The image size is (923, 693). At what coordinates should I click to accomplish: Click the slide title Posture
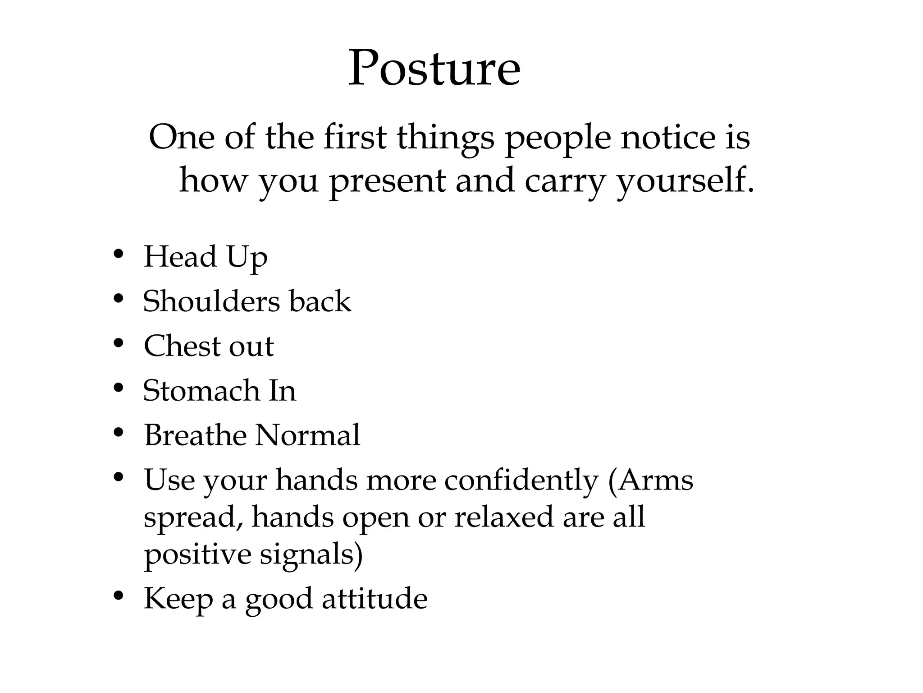click(x=434, y=69)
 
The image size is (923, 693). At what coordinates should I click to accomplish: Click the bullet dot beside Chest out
click(x=119, y=344)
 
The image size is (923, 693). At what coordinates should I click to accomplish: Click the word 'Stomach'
click(x=201, y=390)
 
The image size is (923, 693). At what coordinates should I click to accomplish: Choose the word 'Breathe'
click(x=195, y=435)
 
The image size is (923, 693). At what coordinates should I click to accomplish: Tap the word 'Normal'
click(x=308, y=435)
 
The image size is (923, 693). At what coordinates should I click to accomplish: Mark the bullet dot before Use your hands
click(x=119, y=477)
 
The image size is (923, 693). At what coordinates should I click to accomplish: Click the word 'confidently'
click(x=521, y=480)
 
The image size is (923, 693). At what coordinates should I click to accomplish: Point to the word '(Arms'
click(x=650, y=480)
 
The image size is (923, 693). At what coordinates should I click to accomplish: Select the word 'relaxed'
click(x=503, y=517)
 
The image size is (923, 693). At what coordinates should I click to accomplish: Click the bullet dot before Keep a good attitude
click(x=119, y=596)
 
